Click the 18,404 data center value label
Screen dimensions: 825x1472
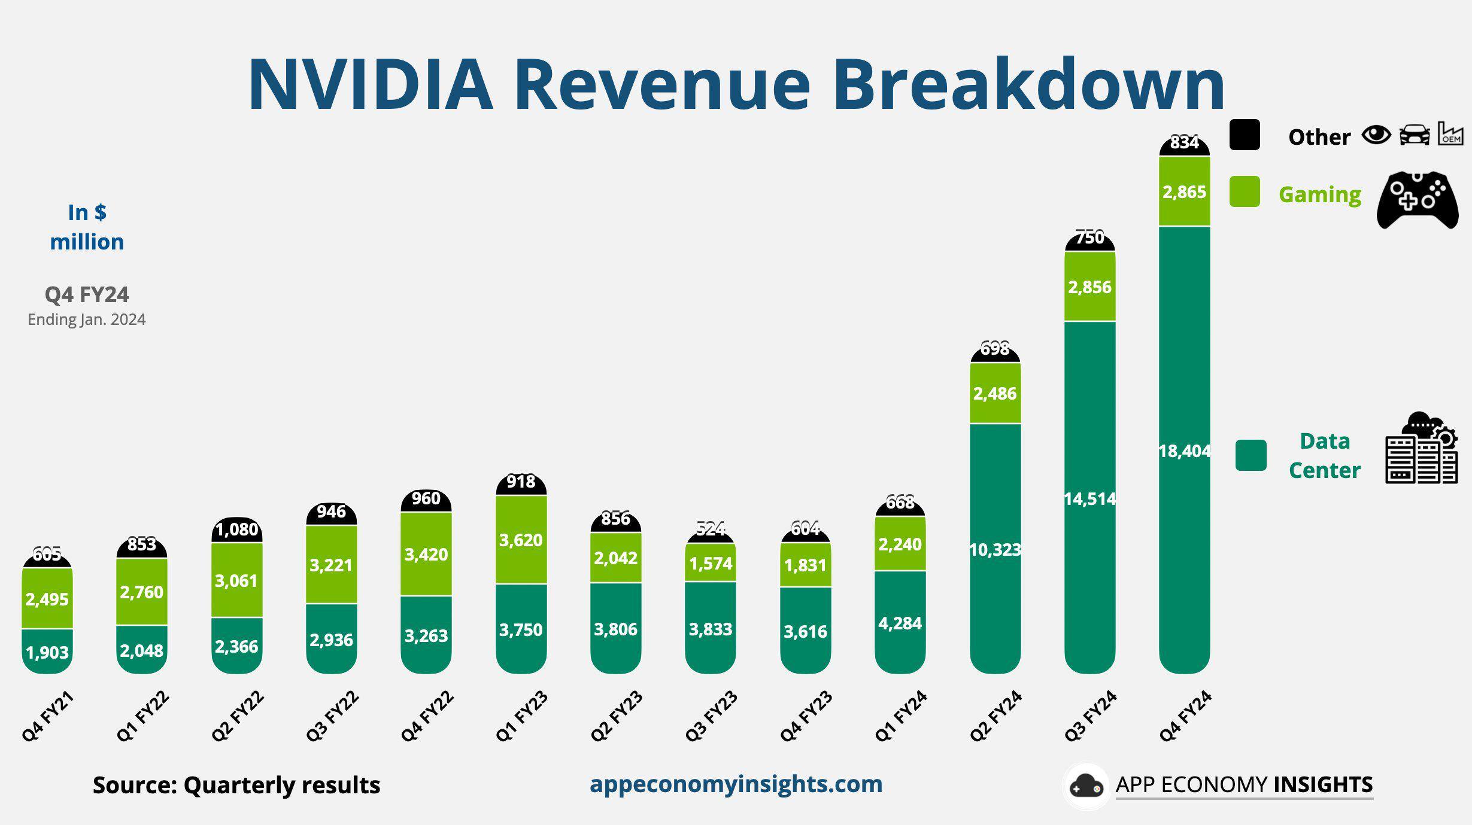tap(1184, 450)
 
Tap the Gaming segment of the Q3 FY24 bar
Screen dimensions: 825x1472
tap(1089, 287)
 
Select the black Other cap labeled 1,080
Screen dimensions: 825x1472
tap(236, 529)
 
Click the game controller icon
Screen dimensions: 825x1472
tap(1417, 200)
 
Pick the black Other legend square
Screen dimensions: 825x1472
tap(1245, 135)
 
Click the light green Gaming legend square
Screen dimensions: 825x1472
tap(1245, 191)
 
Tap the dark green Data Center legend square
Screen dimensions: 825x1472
tap(1251, 455)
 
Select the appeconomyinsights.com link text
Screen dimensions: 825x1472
tap(736, 784)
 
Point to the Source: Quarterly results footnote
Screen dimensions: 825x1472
tap(236, 785)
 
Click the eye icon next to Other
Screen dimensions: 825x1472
tap(1376, 135)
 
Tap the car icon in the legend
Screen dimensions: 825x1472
tap(1414, 135)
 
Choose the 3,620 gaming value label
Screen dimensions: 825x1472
tap(521, 540)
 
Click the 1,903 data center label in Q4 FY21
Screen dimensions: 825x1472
tap(47, 652)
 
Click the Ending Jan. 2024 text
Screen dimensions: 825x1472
tap(87, 319)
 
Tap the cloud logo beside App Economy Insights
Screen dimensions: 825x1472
tap(1086, 786)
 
